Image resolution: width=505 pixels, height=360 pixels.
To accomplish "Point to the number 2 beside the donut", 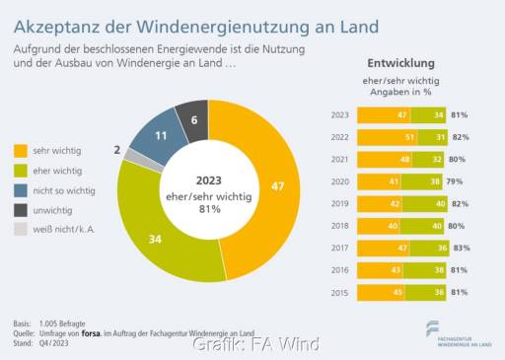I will pyautogui.click(x=117, y=150).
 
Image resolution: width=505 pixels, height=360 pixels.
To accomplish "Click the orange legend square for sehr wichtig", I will pyautogui.click(x=21, y=151).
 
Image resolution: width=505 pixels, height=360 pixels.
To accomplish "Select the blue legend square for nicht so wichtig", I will pyautogui.click(x=21, y=189).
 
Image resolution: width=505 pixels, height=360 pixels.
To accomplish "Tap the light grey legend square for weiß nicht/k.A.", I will pyautogui.click(x=21, y=228).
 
